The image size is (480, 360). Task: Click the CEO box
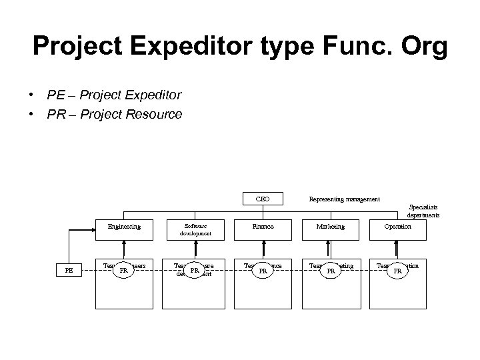coord(263,199)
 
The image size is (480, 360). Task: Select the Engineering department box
coord(125,227)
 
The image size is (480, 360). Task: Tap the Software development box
coord(195,230)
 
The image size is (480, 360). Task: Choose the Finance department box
coord(263,227)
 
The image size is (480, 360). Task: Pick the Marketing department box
coord(331,227)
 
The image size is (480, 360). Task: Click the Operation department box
coord(398,227)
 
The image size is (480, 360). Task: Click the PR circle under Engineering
coord(123,271)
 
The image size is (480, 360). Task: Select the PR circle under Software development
coord(194,271)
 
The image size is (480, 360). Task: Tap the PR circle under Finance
coord(263,271)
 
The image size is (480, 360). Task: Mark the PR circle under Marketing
coord(329,271)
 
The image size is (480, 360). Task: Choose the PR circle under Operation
coord(397,271)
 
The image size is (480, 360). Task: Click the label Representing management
coord(344,199)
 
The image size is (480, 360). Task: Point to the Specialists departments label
coord(423,211)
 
